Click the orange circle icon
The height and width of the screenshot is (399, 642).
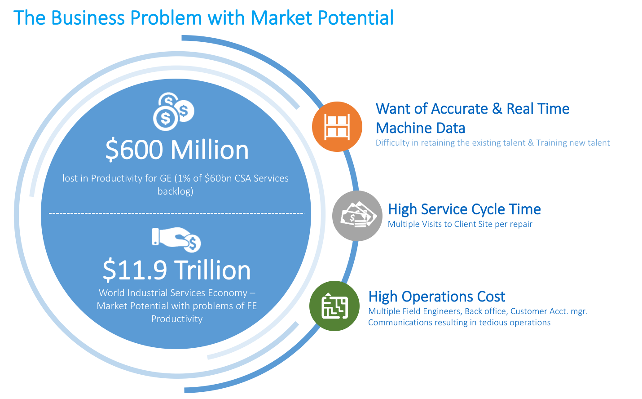[x=337, y=126]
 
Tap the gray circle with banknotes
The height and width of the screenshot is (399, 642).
[x=357, y=216]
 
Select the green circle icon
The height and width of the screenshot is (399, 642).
[x=334, y=306]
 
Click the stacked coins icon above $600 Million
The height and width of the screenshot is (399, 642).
[x=173, y=112]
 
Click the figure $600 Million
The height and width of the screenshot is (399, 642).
[x=177, y=150]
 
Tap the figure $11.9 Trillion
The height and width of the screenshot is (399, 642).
[x=176, y=270]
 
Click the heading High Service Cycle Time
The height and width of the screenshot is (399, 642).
[x=464, y=209]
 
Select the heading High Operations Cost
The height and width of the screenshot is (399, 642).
[x=436, y=297]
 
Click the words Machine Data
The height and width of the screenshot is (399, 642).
[x=420, y=128]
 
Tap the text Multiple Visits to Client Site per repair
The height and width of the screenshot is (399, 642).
[x=460, y=224]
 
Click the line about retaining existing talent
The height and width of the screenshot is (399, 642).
[x=492, y=143]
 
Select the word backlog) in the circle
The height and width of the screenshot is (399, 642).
[x=175, y=191]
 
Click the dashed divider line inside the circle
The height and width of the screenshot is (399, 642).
[x=176, y=213]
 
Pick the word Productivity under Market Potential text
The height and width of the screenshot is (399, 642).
[x=177, y=319]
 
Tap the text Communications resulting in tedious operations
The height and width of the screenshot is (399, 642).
[x=459, y=323]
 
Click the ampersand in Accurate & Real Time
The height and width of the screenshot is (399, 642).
[x=497, y=109]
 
